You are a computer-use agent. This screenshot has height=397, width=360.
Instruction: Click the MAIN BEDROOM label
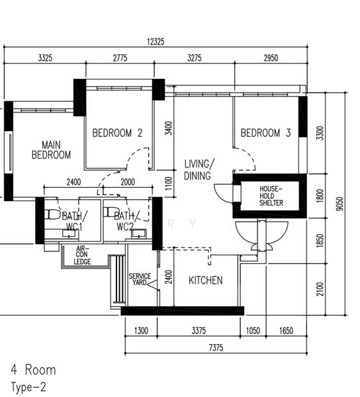click(51, 150)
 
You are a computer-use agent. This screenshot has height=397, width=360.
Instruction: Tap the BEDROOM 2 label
click(117, 133)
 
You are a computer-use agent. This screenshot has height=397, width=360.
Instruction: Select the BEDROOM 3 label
click(265, 133)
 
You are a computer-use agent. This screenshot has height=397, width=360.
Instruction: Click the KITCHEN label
click(206, 281)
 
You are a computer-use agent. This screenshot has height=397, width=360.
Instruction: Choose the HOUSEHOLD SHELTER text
click(271, 196)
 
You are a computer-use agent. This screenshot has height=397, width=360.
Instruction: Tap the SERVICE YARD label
click(140, 279)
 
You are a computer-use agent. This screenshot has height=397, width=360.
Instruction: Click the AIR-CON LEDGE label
click(82, 255)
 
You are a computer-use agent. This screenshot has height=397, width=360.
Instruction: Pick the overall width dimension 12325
click(156, 42)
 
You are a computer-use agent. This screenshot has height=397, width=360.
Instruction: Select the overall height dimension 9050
click(341, 204)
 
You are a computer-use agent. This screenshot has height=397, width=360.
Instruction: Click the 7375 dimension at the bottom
click(216, 347)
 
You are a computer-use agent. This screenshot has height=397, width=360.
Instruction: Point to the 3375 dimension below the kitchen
click(199, 331)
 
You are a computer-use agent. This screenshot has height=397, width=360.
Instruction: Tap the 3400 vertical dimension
click(168, 128)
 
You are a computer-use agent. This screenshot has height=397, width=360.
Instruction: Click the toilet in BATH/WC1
click(52, 214)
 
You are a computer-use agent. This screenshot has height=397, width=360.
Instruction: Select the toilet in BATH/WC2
click(109, 212)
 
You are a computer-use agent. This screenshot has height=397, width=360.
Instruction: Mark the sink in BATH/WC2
click(139, 234)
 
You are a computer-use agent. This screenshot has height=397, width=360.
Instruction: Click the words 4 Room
click(33, 370)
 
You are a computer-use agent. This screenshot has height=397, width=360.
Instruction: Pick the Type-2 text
click(28, 387)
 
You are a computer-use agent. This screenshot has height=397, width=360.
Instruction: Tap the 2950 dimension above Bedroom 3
click(271, 58)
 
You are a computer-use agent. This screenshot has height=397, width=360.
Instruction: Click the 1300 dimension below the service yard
click(141, 331)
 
